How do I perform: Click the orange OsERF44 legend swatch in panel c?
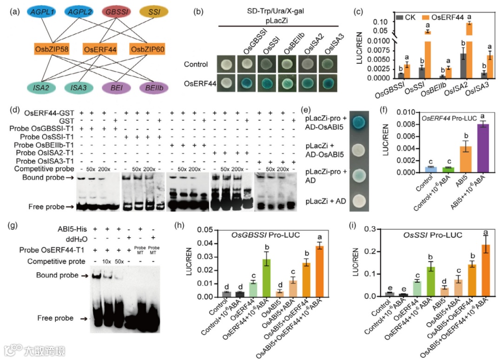pos(427,17)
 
